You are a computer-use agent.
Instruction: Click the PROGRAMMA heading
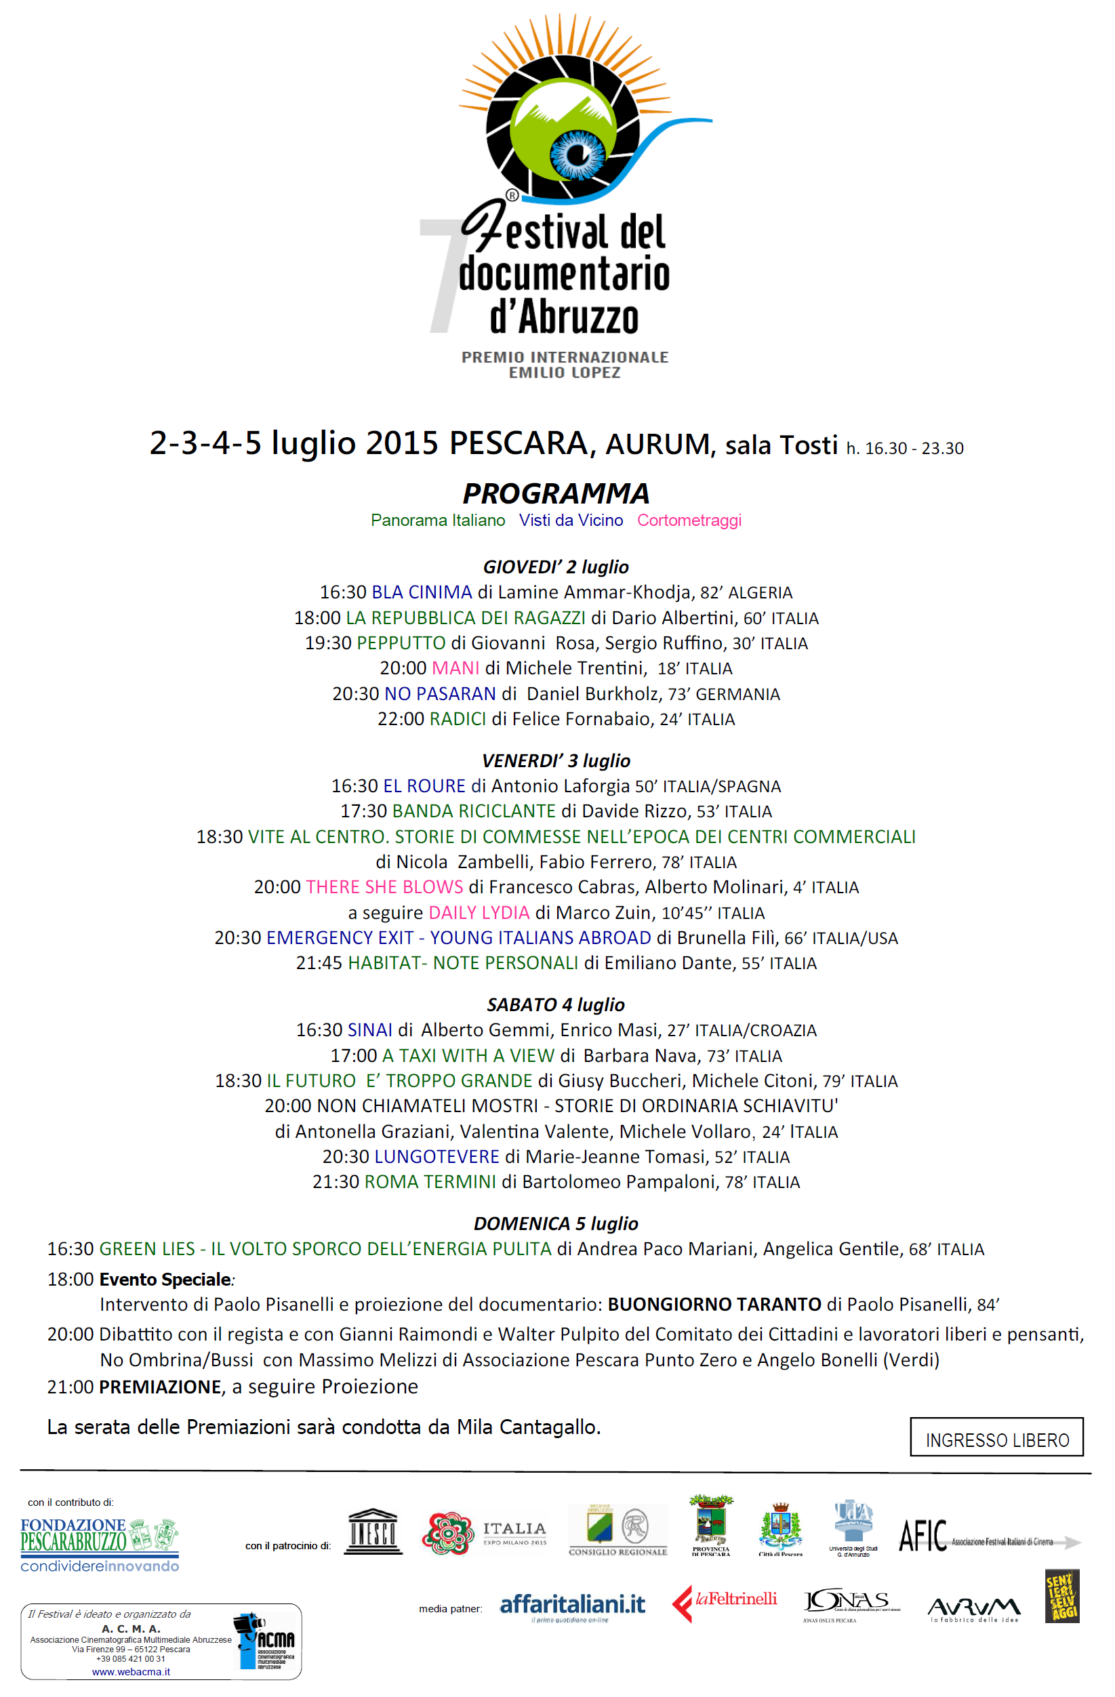point(556,493)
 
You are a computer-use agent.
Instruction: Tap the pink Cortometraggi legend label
point(689,520)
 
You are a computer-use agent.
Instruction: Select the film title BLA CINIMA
point(422,592)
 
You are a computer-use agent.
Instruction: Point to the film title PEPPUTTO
point(401,643)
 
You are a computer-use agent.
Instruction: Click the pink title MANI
point(455,668)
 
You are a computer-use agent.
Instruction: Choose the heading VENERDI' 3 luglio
point(556,761)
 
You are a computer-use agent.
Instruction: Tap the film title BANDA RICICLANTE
point(473,811)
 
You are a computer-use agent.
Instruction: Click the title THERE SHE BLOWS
point(384,887)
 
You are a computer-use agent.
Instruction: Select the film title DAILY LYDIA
point(479,913)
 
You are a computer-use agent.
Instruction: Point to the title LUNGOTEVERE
point(437,1157)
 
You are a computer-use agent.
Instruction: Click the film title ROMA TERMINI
point(430,1182)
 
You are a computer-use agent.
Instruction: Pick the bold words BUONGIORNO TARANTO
point(714,1305)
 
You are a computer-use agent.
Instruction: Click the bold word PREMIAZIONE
point(161,1387)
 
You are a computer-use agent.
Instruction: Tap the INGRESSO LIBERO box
point(996,1437)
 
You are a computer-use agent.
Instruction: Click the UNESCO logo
point(373,1532)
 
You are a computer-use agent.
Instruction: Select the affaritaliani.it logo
point(573,1606)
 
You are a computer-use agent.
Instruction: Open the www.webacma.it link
point(131,1672)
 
